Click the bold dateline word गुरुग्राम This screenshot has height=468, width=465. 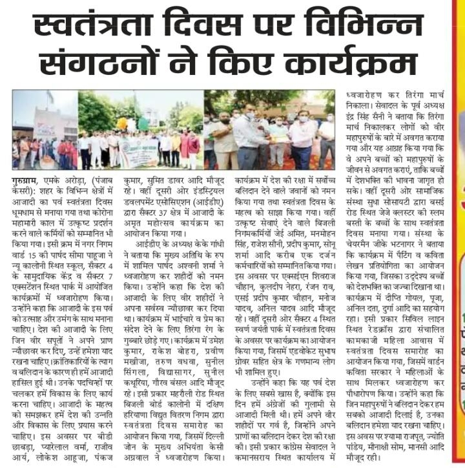pos(28,175)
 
